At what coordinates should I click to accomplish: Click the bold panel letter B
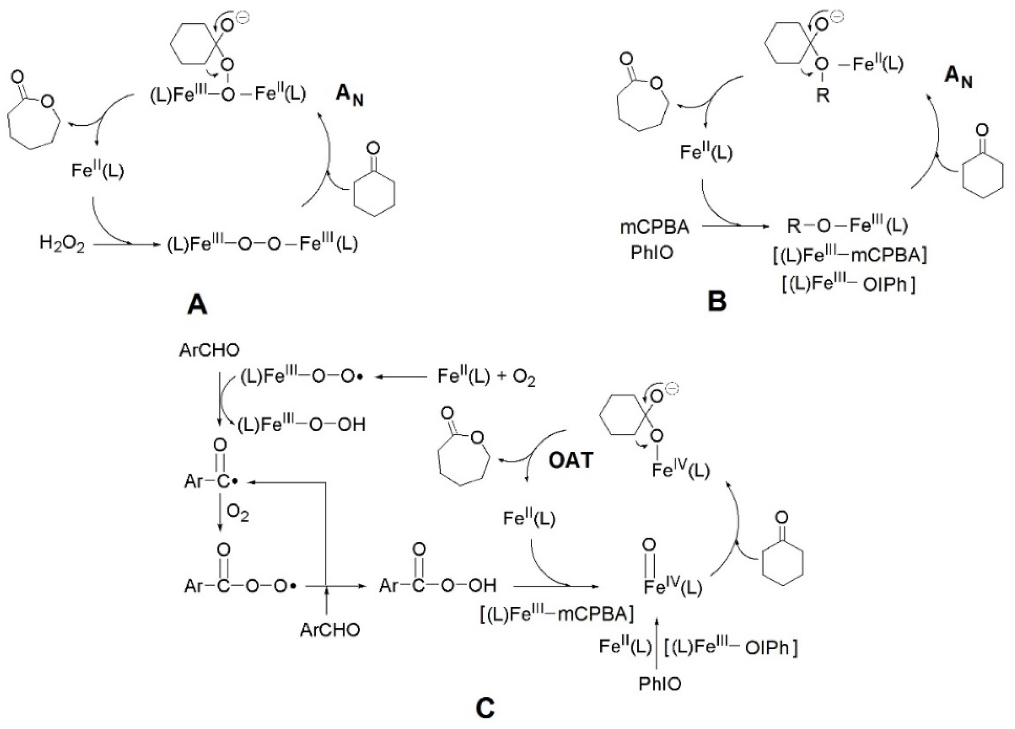(717, 301)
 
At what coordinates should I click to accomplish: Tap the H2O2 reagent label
(62, 244)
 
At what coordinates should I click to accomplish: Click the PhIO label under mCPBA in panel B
(652, 253)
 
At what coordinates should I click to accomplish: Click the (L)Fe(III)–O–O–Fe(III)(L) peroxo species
(262, 244)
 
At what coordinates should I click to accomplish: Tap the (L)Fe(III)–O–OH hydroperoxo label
(301, 425)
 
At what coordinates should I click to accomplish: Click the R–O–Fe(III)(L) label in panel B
(847, 226)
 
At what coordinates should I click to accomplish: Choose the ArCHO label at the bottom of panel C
(330, 630)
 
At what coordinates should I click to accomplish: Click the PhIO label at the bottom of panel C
(660, 684)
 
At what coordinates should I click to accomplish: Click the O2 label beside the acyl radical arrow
(238, 514)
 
